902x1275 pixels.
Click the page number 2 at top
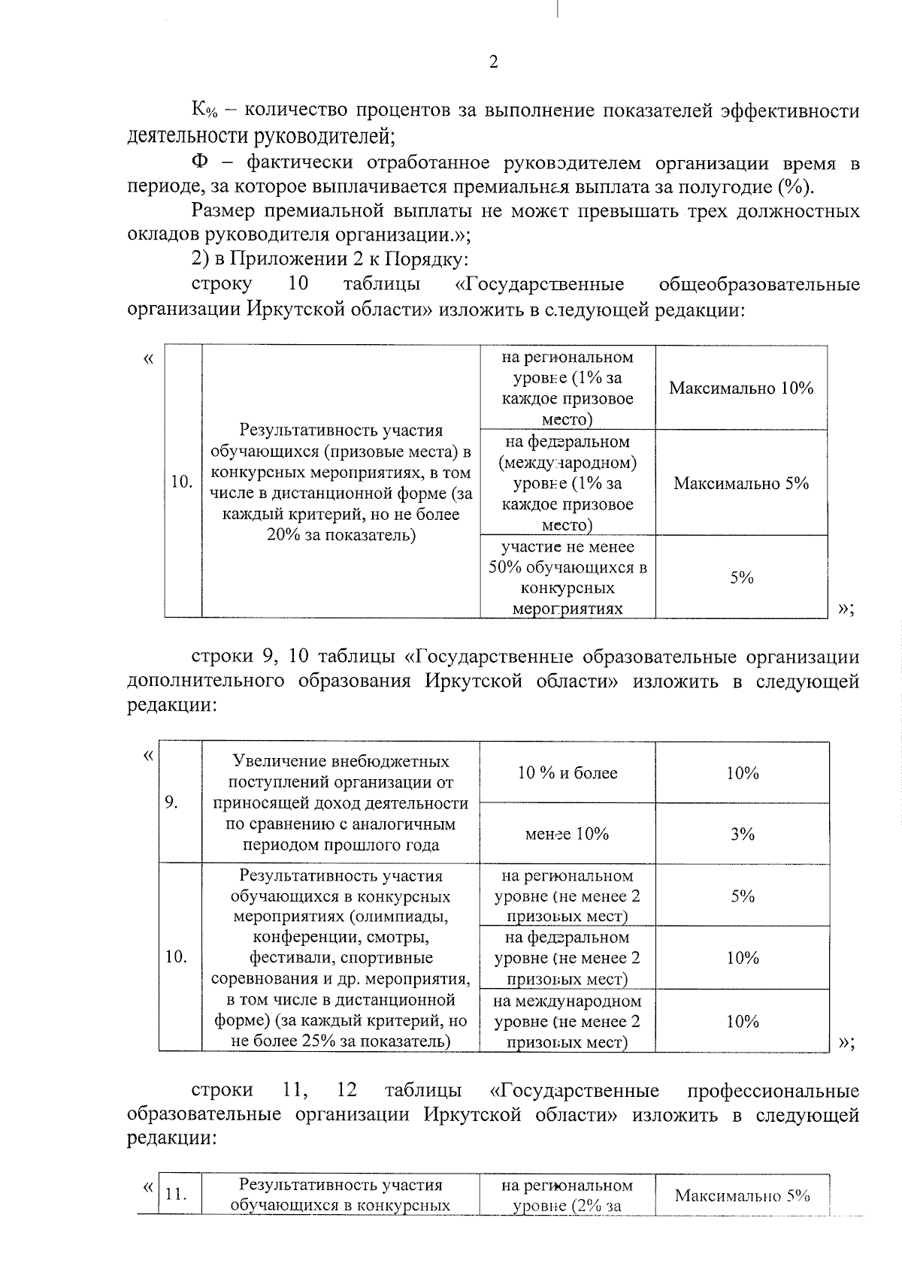pos(493,62)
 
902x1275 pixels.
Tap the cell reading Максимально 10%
pos(741,388)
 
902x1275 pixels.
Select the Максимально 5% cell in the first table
pos(741,483)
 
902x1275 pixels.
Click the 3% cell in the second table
pos(742,834)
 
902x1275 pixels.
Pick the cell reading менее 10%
pos(568,834)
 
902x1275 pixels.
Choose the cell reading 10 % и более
pos(568,773)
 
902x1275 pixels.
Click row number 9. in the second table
pos(172,802)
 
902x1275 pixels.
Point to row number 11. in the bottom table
pos(175,1195)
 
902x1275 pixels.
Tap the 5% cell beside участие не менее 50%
pos(741,577)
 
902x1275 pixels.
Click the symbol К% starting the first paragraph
pos(204,112)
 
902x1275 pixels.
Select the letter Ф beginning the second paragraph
pos(200,163)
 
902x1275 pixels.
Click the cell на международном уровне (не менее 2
pos(568,1021)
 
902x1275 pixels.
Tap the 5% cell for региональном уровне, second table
pos(742,896)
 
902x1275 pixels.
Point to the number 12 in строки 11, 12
pos(347,1090)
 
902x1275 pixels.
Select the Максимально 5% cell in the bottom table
pos(742,1195)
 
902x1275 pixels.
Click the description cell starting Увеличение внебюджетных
pos(341,802)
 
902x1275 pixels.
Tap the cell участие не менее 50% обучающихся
pos(568,577)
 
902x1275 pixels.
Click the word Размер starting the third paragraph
pos(225,211)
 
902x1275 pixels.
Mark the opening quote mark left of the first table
pos(148,358)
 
